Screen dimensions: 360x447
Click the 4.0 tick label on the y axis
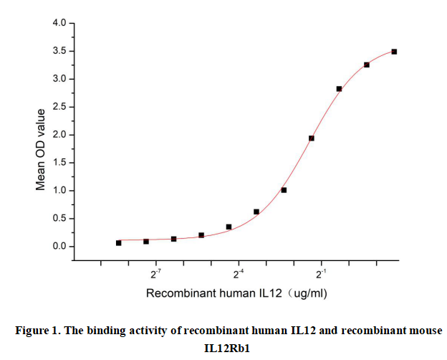click(x=59, y=24)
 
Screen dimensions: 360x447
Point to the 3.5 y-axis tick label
click(x=59, y=51)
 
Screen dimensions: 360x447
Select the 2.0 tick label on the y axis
click(x=59, y=135)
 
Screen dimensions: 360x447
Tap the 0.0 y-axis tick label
click(x=59, y=247)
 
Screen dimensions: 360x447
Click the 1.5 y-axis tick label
click(x=59, y=163)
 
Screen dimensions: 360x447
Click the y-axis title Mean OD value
click(x=41, y=149)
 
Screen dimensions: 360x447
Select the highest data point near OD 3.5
click(x=394, y=52)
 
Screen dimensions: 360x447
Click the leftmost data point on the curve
click(x=119, y=243)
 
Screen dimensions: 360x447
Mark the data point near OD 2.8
click(x=339, y=89)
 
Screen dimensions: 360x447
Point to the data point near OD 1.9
click(x=312, y=138)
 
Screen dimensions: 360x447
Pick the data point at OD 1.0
click(x=284, y=190)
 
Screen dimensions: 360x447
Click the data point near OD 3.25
click(x=367, y=65)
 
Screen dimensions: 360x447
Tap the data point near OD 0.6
click(x=256, y=212)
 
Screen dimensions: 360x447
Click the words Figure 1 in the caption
click(x=41, y=331)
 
